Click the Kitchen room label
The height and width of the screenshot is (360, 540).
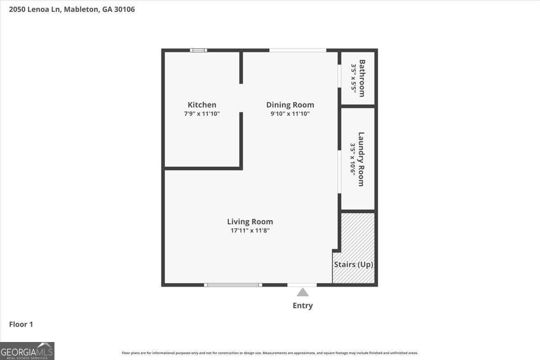pos(202,105)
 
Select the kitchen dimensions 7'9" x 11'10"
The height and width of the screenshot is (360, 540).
pos(202,114)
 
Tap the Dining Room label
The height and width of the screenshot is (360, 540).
pos(290,105)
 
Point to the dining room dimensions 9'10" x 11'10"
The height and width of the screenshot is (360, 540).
pos(290,114)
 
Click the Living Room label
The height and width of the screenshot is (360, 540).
pos(250,221)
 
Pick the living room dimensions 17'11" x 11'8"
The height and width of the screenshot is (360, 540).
pos(250,230)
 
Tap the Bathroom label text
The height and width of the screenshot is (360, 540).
pos(362,78)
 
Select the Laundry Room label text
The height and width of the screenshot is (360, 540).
pos(361,159)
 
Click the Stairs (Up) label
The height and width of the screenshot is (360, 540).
pos(353,265)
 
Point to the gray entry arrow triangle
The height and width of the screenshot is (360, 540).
pos(302,292)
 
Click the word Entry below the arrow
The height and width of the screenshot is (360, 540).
pos(302,306)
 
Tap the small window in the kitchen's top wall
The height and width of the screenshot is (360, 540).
pos(198,50)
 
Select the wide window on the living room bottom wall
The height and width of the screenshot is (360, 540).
pos(233,284)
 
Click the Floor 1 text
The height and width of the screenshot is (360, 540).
pos(21,324)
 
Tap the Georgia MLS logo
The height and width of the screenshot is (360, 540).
pos(27,351)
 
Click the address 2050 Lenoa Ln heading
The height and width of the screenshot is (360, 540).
pos(72,9)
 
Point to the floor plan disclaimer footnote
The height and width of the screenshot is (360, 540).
pos(270,353)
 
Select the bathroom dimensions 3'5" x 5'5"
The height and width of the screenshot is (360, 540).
pos(354,78)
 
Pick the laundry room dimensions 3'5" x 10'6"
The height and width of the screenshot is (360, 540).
pos(353,159)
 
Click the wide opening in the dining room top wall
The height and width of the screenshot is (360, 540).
pos(297,50)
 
